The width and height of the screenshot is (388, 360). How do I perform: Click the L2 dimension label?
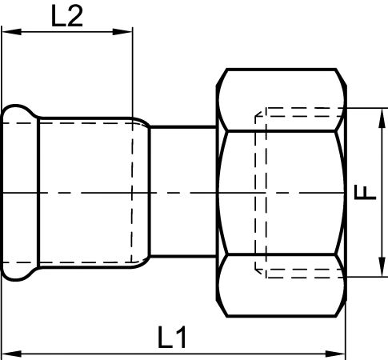pos(67,16)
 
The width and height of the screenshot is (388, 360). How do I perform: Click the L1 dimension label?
pos(172,338)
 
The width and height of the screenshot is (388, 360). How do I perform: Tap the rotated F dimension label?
pos(365,193)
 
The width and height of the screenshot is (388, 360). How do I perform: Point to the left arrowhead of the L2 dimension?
pos(11,32)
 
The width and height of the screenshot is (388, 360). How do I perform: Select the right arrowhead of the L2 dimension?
pos(122,32)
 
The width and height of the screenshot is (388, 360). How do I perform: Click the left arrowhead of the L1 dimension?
pos(11,354)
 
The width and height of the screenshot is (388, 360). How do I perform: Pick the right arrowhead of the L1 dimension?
pos(336,354)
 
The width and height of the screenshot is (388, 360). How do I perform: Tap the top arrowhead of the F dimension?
pos(382,118)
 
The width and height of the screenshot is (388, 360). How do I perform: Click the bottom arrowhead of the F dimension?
pos(382,267)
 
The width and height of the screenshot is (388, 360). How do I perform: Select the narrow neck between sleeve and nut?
pos(183,192)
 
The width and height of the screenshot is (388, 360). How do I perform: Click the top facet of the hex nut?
pos(282,100)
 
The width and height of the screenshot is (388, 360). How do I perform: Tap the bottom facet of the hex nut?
pos(282,286)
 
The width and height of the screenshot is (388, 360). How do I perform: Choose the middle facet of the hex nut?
pos(282,193)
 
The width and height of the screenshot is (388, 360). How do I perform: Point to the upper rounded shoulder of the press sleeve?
pos(142,122)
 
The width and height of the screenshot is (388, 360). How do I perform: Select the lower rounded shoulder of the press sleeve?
pos(142,263)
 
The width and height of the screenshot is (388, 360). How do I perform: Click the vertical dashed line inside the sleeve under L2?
pos(132,193)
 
